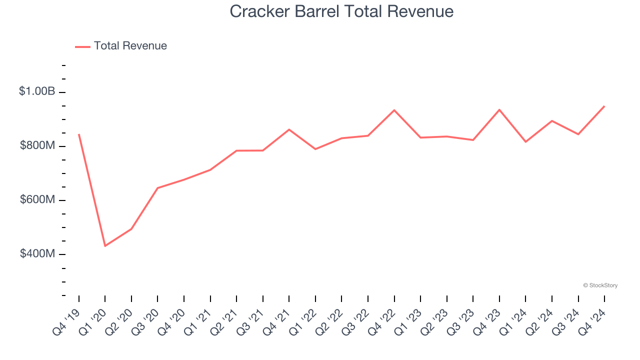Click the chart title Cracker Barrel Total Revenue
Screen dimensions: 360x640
[341, 11]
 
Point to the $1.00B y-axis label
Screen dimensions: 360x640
[37, 91]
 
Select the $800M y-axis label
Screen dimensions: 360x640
[37, 145]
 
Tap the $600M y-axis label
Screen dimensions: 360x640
[37, 199]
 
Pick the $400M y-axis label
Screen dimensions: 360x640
[37, 253]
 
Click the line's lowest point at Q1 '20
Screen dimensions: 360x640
[105, 246]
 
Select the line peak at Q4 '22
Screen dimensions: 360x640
[394, 110]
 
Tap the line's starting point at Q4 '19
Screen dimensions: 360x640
[79, 134]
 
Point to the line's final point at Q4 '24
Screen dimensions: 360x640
[604, 106]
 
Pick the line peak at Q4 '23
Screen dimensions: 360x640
[499, 109]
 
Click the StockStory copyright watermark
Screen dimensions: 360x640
[600, 285]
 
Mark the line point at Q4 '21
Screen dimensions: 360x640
[289, 129]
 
